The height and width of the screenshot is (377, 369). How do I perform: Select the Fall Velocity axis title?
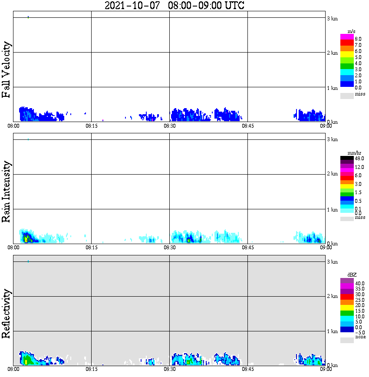click(x=7, y=69)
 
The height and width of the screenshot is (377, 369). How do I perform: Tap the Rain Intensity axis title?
click(x=7, y=192)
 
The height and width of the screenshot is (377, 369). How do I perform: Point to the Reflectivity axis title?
click(x=7, y=315)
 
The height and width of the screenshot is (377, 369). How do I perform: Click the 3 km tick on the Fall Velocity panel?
click(x=332, y=18)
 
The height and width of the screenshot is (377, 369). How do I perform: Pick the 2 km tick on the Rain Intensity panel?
click(x=332, y=174)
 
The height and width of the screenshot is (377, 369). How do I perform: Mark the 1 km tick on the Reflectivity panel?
click(x=332, y=331)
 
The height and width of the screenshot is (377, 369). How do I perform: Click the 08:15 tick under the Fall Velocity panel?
click(x=91, y=126)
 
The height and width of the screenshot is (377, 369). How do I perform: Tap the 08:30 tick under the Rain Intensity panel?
click(x=169, y=248)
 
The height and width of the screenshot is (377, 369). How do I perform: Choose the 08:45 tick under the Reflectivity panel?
click(x=247, y=370)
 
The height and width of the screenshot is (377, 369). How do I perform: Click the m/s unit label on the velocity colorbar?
click(x=352, y=31)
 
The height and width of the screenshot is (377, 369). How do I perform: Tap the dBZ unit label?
click(x=352, y=275)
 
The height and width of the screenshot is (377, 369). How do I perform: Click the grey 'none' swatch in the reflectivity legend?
click(x=347, y=341)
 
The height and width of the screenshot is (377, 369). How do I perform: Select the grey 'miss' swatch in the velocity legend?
click(x=347, y=96)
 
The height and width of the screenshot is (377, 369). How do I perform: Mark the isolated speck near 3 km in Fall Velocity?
click(x=28, y=17)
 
